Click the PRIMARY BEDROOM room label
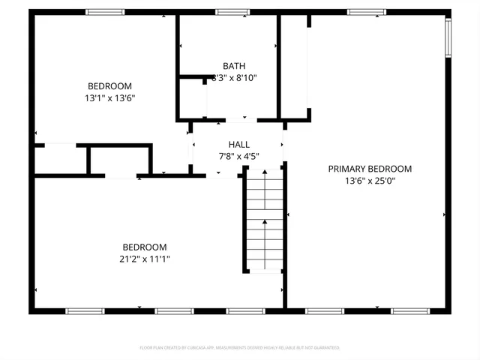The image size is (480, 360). (370, 169)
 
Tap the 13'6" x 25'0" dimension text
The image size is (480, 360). (370, 181)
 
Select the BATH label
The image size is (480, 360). (233, 66)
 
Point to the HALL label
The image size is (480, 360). (239, 145)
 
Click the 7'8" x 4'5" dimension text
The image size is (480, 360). (239, 156)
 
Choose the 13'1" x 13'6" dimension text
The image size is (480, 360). (109, 97)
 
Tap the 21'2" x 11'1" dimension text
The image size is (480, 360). (145, 259)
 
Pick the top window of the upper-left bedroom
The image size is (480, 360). (104, 12)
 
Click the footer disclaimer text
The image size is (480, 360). (240, 348)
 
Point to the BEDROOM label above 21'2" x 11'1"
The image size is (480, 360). (145, 247)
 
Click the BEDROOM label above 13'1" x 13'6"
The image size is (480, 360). (109, 85)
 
